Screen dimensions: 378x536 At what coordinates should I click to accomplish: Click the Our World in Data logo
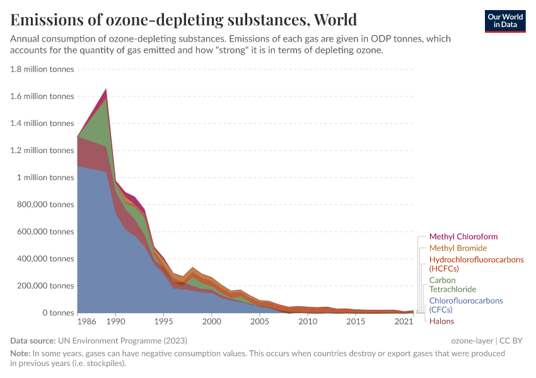click(504, 21)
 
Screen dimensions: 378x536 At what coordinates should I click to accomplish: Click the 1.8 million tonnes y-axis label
click(42, 69)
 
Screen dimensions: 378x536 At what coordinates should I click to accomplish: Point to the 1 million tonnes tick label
click(46, 178)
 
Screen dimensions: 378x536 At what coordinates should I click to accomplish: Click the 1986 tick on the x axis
click(86, 322)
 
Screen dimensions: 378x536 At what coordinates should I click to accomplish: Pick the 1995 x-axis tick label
click(163, 322)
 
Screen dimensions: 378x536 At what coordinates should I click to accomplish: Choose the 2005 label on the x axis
click(260, 322)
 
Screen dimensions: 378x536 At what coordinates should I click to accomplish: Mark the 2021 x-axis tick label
click(404, 322)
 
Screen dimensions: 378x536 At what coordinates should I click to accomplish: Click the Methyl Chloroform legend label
click(463, 237)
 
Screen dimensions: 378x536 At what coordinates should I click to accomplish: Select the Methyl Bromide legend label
click(458, 248)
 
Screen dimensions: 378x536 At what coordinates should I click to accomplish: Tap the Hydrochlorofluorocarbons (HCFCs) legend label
click(476, 264)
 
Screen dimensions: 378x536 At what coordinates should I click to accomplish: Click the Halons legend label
click(442, 321)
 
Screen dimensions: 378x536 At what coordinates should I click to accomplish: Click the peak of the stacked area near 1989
click(106, 89)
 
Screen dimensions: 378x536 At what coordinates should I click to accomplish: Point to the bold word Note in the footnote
click(21, 353)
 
